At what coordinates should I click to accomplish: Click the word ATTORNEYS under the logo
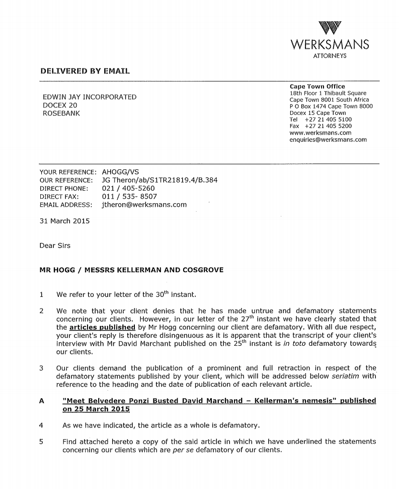tap(330, 56)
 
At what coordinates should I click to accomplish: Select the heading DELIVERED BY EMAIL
tap(85, 71)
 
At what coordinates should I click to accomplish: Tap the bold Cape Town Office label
tap(317, 87)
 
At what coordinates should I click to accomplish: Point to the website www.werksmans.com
tap(320, 133)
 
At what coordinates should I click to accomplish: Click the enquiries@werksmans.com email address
tap(328, 140)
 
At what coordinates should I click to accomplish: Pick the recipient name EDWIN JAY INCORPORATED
tap(90, 97)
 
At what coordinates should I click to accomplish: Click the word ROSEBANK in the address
tap(61, 113)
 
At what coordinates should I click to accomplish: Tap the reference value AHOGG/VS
tap(120, 172)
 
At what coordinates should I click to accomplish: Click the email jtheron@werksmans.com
tap(144, 205)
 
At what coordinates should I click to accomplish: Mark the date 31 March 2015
tap(64, 221)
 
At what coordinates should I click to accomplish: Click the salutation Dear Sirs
tap(55, 246)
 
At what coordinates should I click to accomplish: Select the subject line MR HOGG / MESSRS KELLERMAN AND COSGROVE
tap(131, 270)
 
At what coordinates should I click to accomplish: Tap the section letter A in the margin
tap(42, 401)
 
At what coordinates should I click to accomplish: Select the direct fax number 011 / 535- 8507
tap(129, 197)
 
